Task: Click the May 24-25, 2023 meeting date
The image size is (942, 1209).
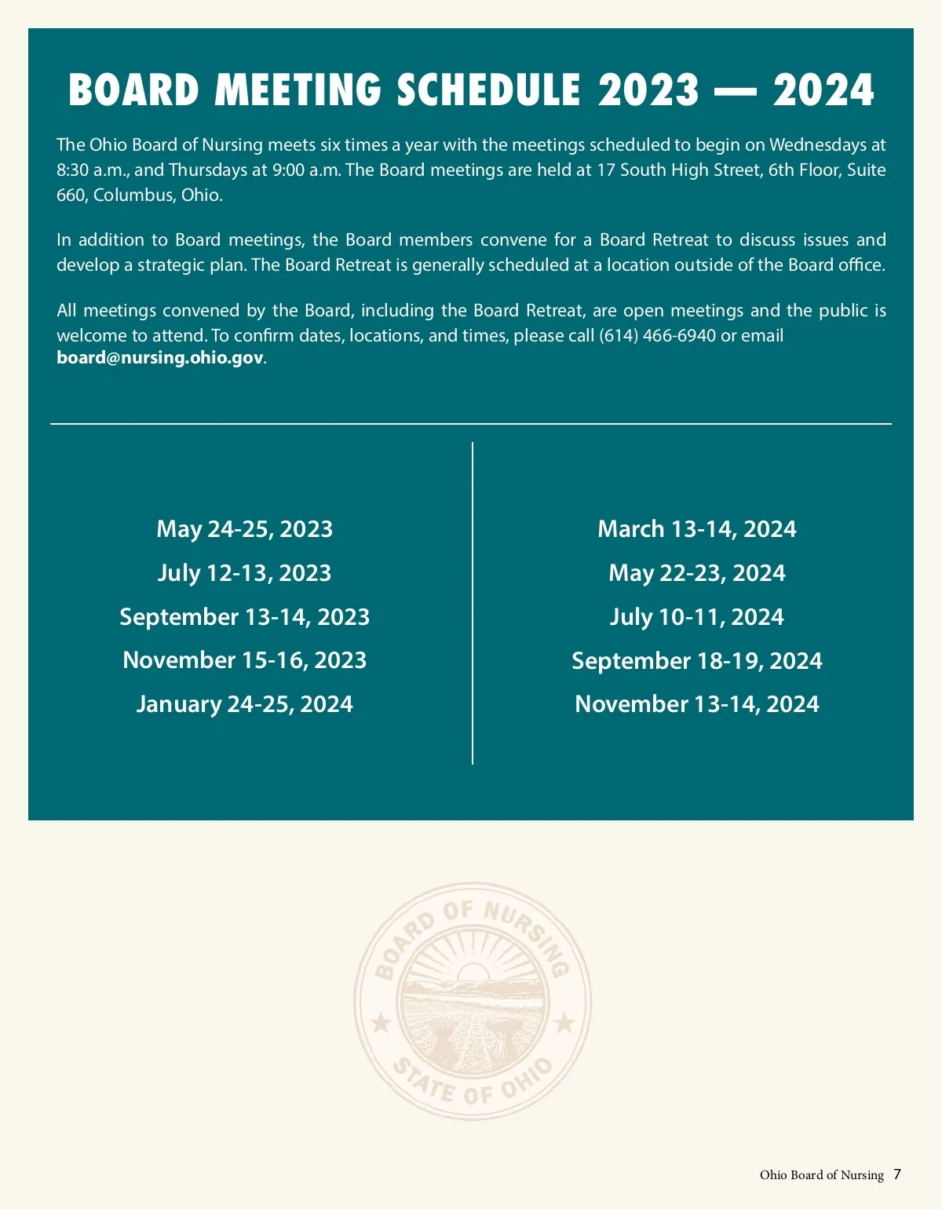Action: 244,529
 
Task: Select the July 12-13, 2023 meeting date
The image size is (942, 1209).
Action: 244,573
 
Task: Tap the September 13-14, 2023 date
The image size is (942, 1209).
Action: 244,617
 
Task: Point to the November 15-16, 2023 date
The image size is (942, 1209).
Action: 244,660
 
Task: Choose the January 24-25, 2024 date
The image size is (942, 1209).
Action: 244,704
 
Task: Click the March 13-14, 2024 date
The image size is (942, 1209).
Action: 696,529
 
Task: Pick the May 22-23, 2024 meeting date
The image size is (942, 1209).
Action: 696,573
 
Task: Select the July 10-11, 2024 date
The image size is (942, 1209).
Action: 696,617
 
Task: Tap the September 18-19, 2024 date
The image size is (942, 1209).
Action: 696,661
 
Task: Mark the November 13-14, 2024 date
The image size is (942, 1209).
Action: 696,704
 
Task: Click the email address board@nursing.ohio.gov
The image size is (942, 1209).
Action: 160,359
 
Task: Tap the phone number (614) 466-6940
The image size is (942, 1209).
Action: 657,336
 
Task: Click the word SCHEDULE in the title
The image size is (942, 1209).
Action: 488,89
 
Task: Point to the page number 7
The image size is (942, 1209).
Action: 897,1174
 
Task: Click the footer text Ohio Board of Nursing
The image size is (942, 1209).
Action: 821,1175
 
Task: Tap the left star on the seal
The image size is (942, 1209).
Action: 381,1023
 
